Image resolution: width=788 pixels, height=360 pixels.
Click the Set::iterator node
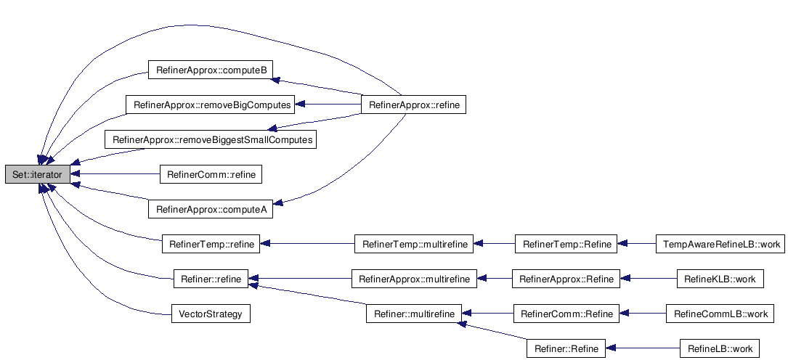(x=38, y=174)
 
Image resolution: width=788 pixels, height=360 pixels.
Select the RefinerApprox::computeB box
(x=211, y=70)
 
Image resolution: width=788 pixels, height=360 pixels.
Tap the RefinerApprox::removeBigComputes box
(x=212, y=105)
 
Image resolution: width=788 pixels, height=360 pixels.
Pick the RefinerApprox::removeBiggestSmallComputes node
(x=211, y=139)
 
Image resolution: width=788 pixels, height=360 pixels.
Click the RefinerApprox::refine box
(x=413, y=105)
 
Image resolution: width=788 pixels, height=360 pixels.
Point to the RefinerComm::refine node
(x=211, y=174)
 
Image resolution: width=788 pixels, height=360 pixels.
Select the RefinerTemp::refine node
(x=211, y=245)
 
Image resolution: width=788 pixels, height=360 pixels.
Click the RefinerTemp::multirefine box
(x=414, y=245)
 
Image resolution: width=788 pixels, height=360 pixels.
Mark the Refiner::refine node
(x=211, y=279)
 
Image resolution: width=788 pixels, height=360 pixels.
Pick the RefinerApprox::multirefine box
(x=414, y=279)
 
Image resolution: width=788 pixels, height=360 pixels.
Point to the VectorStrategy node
(x=211, y=314)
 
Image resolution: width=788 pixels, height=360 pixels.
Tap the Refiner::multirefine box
(x=414, y=314)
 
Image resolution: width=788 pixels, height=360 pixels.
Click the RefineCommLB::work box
(x=720, y=314)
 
